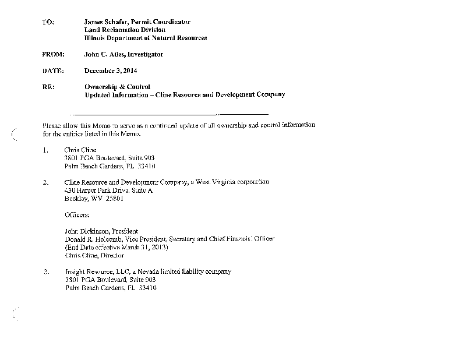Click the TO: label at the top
(48, 22)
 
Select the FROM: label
(52, 54)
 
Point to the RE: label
(48, 87)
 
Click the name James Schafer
(107, 22)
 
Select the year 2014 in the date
(129, 70)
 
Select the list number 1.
(45, 150)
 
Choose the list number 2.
(45, 182)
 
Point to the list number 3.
(45, 272)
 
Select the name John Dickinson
(86, 231)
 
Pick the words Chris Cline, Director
(94, 255)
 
